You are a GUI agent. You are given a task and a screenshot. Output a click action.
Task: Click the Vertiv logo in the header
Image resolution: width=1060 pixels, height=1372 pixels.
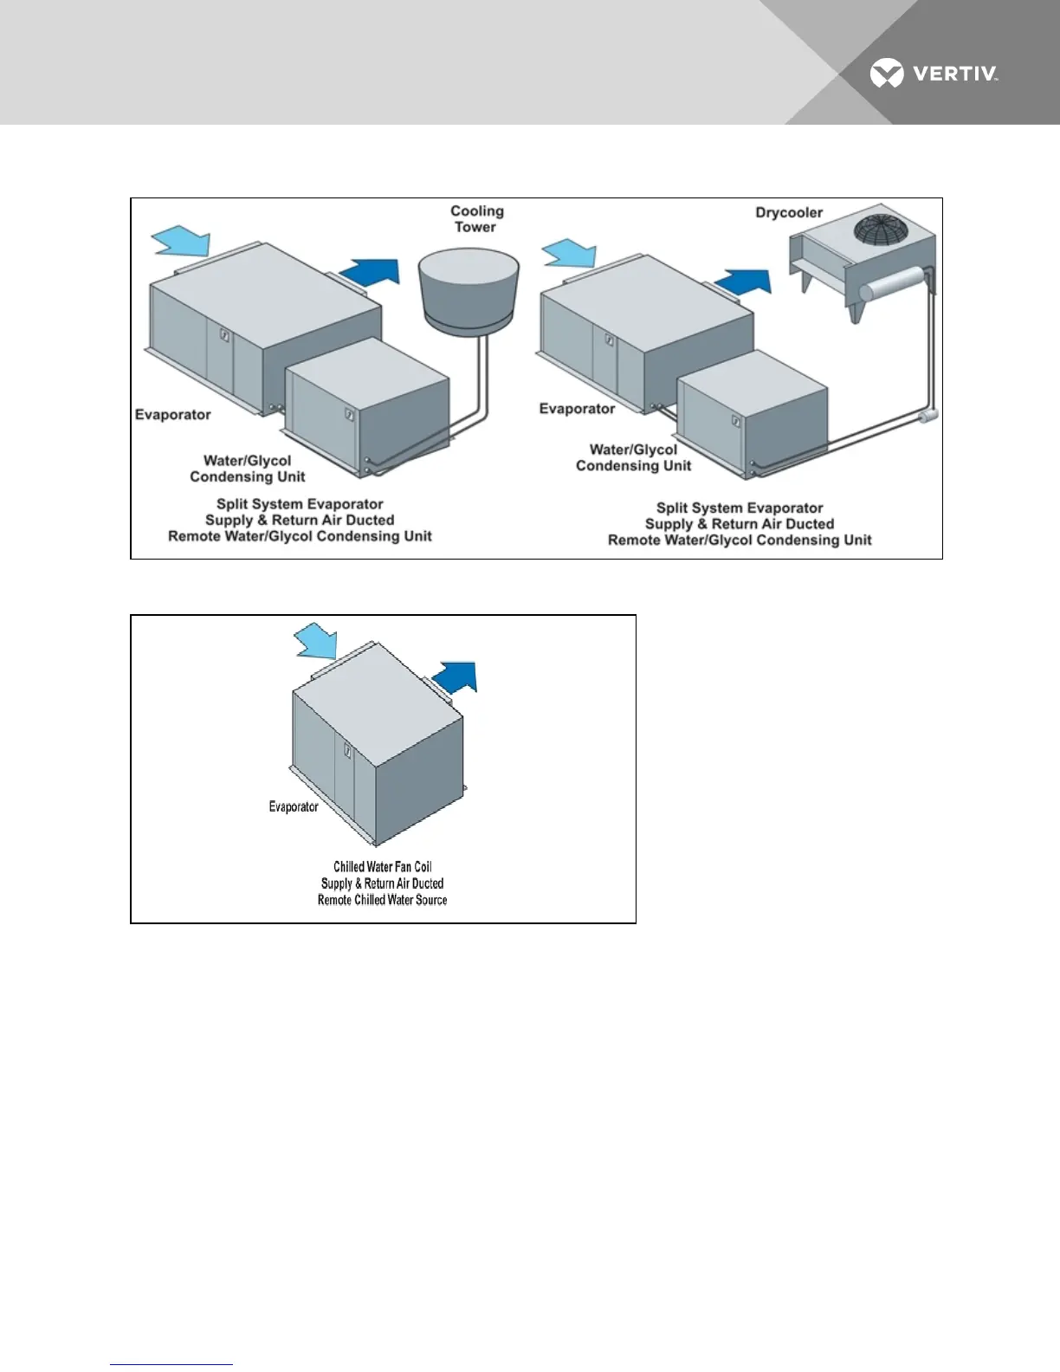934,74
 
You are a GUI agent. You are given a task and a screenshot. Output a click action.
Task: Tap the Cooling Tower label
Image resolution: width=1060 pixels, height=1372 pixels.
476,219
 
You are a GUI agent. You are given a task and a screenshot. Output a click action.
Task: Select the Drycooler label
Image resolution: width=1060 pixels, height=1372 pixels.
789,212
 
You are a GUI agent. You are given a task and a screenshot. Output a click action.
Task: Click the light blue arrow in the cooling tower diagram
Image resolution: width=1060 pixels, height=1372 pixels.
179,240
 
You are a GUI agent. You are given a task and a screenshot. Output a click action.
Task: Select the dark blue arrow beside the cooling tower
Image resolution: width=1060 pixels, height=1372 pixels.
370,273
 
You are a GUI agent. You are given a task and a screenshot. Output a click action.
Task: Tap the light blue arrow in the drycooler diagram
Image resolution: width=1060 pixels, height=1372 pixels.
568,255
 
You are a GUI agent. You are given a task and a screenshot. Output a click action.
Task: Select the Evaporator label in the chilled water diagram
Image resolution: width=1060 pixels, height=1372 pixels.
294,807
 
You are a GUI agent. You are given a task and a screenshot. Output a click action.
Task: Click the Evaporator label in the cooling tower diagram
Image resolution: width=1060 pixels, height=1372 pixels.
173,415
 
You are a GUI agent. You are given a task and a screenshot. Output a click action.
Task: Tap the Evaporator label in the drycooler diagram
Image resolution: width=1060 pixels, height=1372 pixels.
577,409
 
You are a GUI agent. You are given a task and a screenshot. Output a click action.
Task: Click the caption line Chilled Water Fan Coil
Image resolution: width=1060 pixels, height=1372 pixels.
382,867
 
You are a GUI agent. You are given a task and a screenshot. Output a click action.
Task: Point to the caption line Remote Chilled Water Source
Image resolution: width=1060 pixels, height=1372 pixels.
382,900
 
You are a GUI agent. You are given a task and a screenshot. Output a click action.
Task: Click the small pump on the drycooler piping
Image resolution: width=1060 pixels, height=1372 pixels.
927,417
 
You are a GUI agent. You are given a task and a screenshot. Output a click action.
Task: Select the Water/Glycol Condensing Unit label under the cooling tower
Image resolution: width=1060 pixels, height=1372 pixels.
248,469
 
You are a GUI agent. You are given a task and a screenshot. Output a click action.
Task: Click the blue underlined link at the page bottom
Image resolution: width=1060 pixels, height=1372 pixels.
171,1364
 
